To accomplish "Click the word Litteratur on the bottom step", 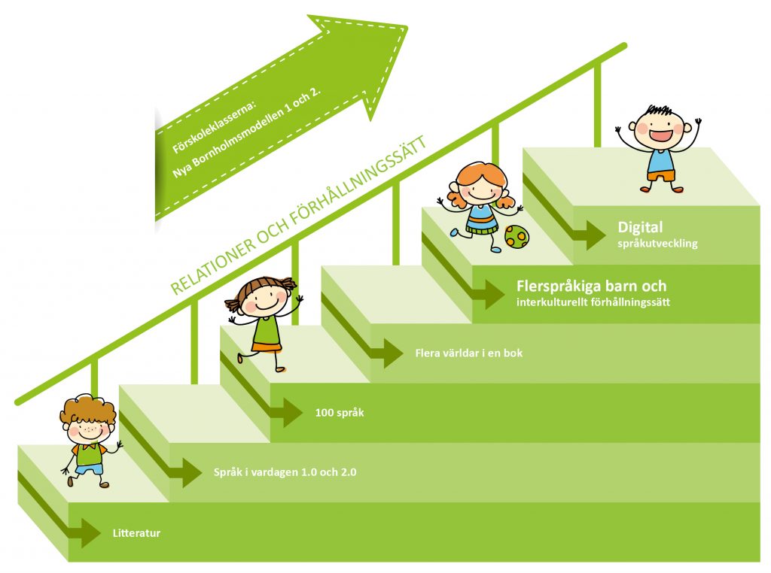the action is [137, 533].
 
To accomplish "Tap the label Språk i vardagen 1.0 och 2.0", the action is [285, 472].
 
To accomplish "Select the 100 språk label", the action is [340, 412].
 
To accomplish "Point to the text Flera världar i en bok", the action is [468, 353].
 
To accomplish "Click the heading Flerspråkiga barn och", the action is [592, 286].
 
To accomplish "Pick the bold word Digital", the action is [640, 227].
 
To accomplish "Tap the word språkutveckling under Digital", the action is [657, 244].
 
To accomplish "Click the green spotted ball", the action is [517, 237].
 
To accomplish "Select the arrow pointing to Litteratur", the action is [59, 511].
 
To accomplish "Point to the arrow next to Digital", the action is [565, 212].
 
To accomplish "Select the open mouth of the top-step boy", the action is [659, 135].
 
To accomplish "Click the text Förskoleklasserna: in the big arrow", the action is [215, 127].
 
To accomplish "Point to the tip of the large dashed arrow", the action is [407, 26].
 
